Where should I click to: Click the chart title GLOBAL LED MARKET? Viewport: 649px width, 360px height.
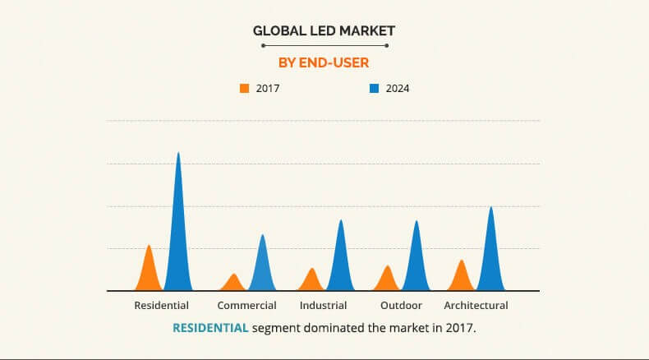click(x=324, y=30)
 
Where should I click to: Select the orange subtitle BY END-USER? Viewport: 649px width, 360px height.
click(x=324, y=61)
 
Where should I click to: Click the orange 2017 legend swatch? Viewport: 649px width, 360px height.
click(x=244, y=88)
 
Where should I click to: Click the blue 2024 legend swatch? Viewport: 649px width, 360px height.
click(x=374, y=88)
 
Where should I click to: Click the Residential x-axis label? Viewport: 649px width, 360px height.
click(x=161, y=305)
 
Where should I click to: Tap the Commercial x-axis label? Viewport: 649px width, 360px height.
click(x=246, y=305)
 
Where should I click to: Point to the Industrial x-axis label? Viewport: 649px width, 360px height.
click(x=323, y=305)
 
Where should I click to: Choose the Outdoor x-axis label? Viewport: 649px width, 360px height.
click(x=401, y=305)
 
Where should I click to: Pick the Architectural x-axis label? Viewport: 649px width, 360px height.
click(x=476, y=305)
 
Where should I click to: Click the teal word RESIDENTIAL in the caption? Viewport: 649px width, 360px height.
click(x=210, y=327)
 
